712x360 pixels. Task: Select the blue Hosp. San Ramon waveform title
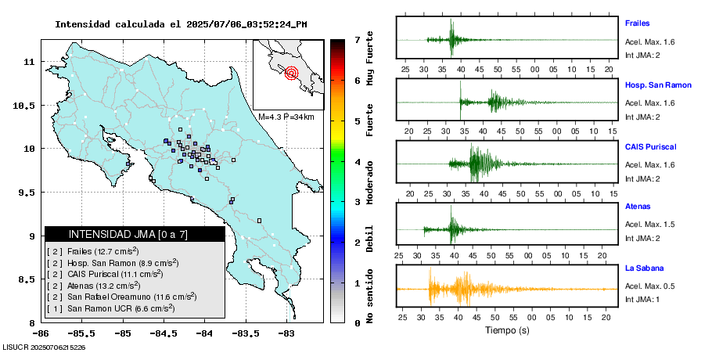[x=658, y=85]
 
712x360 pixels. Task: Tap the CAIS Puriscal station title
[x=650, y=146]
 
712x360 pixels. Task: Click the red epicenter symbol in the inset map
[x=292, y=74]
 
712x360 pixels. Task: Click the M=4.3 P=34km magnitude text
[x=286, y=117]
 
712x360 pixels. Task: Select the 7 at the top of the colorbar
[x=357, y=39]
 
